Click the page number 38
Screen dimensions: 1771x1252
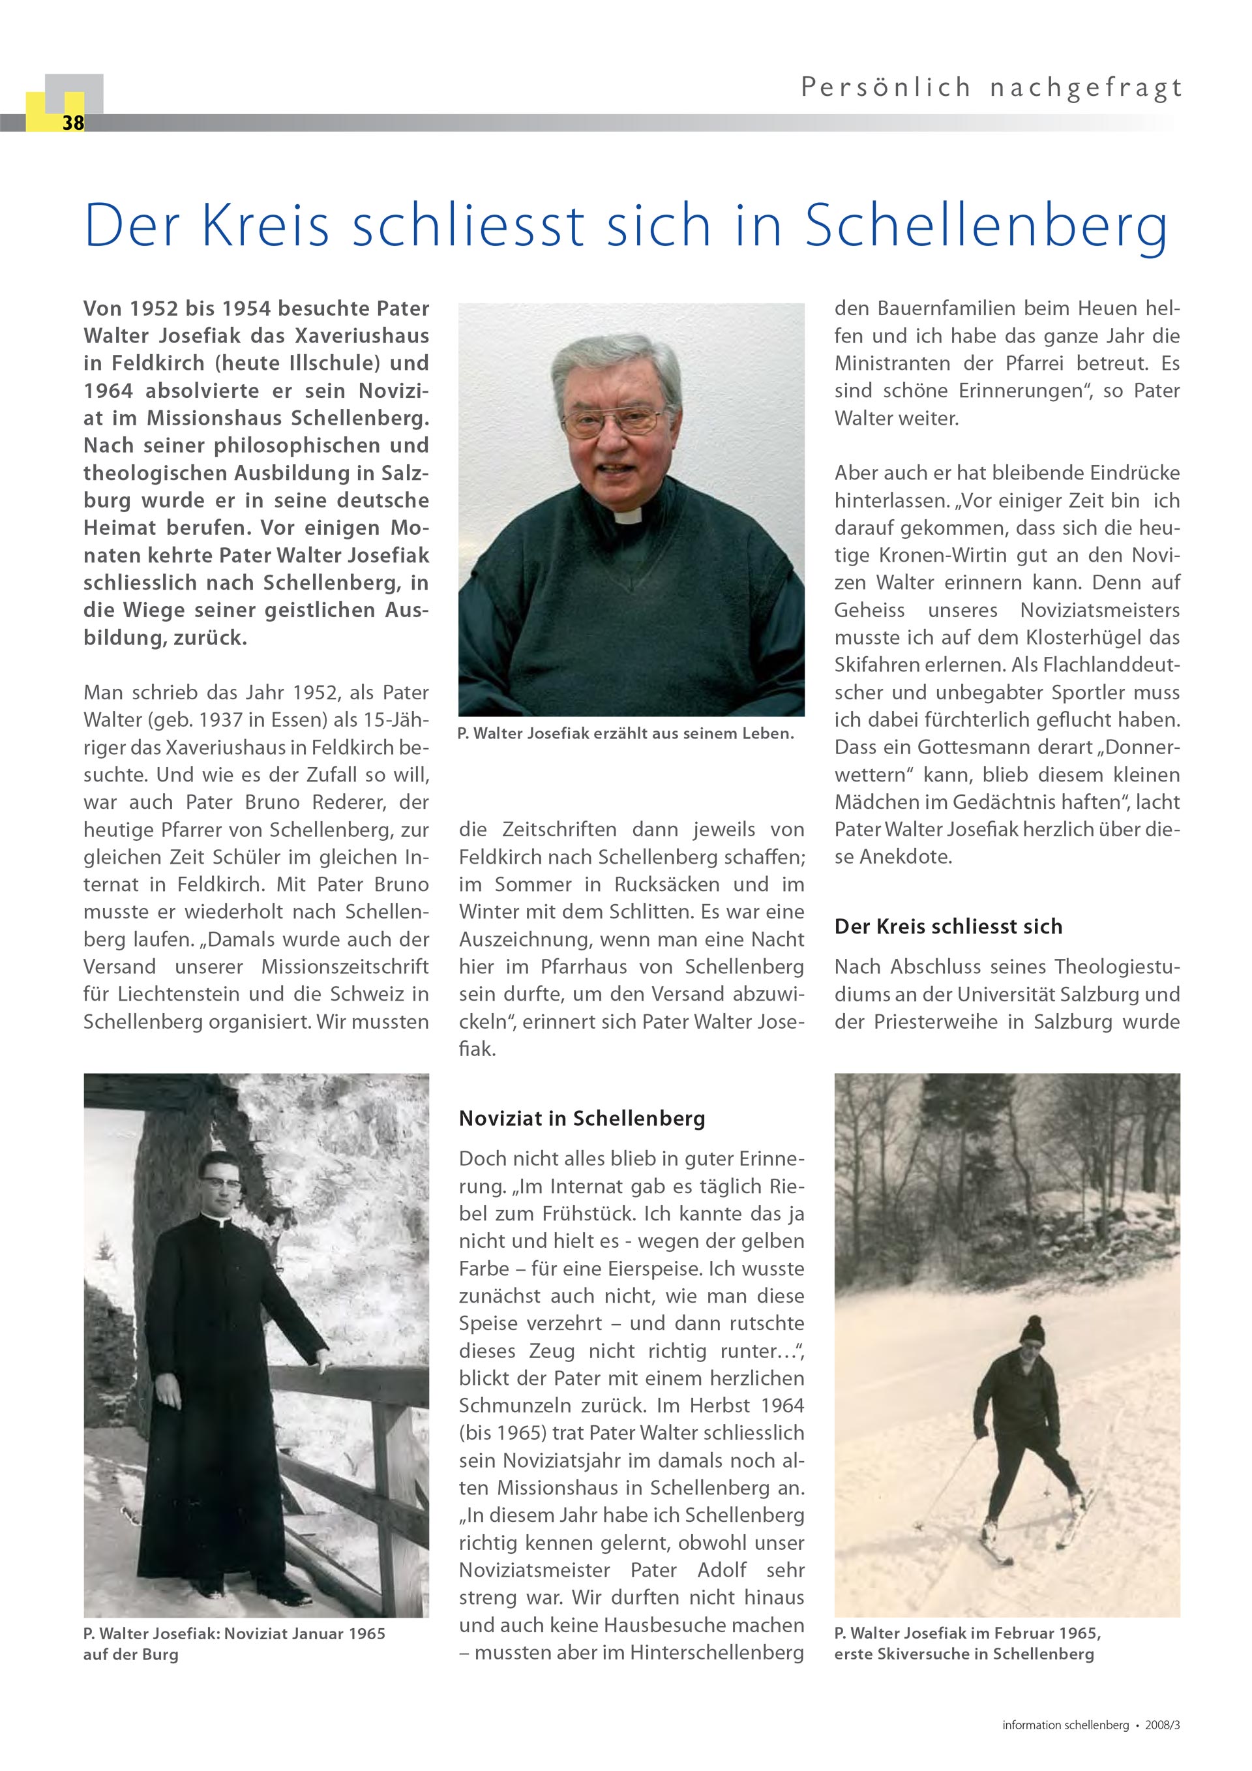pyautogui.click(x=73, y=123)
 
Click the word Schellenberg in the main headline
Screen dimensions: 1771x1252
pyautogui.click(x=986, y=225)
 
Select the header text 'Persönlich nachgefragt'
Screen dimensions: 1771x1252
pyautogui.click(x=991, y=88)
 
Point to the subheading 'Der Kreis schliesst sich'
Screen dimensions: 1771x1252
pyautogui.click(x=948, y=926)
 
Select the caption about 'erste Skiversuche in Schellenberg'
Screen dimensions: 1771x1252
pyautogui.click(x=964, y=1654)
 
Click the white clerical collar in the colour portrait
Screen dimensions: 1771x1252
pyautogui.click(x=629, y=515)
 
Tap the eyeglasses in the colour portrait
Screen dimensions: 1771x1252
pyautogui.click(x=613, y=422)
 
